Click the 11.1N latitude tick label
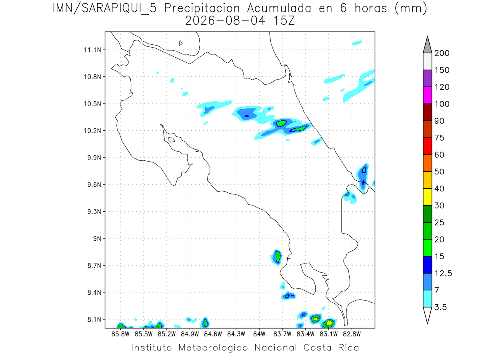pyautogui.click(x=92, y=50)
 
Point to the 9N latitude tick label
pyautogui.click(x=97, y=238)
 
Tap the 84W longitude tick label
pyautogui.click(x=259, y=334)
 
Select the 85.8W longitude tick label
pyautogui.click(x=120, y=334)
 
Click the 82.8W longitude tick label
pyautogui.click(x=352, y=334)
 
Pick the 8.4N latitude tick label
pyautogui.click(x=94, y=292)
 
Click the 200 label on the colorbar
pyautogui.click(x=442, y=53)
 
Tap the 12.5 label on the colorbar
pyautogui.click(x=443, y=274)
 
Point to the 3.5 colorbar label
pyautogui.click(x=440, y=307)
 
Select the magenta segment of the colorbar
pyautogui.click(x=427, y=95)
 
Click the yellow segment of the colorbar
pyautogui.click(x=427, y=197)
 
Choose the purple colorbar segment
pyautogui.click(x=427, y=78)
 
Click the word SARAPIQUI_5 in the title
pyautogui.click(x=119, y=9)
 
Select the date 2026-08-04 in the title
pyautogui.click(x=225, y=21)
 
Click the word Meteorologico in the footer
pyautogui.click(x=213, y=348)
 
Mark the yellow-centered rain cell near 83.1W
pyautogui.click(x=329, y=323)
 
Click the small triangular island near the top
pyautogui.click(x=180, y=43)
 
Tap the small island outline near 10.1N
pyautogui.click(x=172, y=140)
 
